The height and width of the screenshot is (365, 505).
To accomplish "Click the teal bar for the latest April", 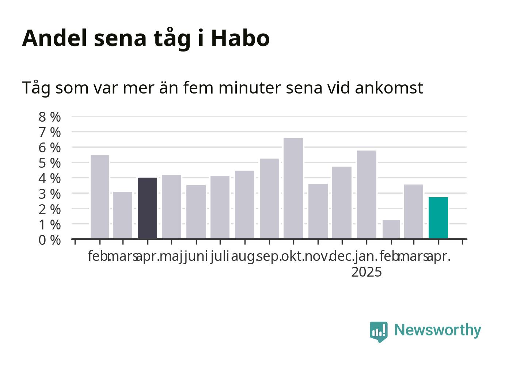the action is pos(438,218).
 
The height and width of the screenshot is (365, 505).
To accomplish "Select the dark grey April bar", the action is pos(147,208).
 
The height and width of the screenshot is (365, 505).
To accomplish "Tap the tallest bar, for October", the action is pos(293,188).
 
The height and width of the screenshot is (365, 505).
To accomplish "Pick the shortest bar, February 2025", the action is pos(391,229).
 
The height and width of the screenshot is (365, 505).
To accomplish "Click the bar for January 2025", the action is pos(367,194).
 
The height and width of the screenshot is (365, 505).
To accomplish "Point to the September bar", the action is pos(269,198).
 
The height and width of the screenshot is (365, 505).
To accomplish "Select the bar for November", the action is pos(318,211).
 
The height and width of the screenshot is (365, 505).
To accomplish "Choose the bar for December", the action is pos(342,202).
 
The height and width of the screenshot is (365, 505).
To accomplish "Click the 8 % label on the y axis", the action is pos(50,117).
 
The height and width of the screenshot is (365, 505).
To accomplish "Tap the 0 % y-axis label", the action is pos(50,240).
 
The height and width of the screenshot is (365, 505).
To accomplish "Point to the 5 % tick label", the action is pos(50,163).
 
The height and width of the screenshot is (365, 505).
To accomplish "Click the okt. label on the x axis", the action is pos(293,256).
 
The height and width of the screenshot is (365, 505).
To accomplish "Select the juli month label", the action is pos(220,257).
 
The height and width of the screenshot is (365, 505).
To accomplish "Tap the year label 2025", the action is pos(367,272).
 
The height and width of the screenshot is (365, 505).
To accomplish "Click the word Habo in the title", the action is pos(240,38).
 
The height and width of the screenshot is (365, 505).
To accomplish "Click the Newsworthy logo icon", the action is pos(379,332).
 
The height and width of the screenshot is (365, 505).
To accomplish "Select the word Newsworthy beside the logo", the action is pos(438,331).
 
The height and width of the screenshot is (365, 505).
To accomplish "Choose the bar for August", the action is pos(244,205).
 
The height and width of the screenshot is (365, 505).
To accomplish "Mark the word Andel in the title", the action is pos(54,38).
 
